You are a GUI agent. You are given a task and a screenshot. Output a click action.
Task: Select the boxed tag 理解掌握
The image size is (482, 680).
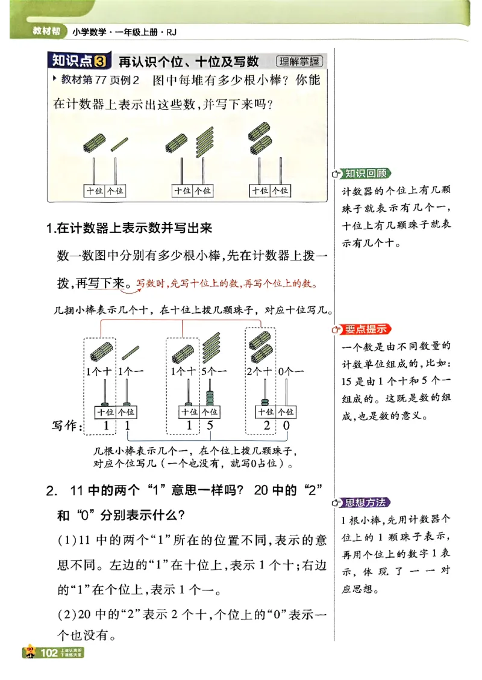click(x=299, y=61)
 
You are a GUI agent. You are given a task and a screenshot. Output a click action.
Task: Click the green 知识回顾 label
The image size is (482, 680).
click(x=366, y=174)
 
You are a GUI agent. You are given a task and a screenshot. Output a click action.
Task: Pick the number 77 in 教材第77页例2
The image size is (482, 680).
click(x=101, y=80)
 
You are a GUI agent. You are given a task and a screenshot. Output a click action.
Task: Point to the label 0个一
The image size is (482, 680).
click(x=291, y=372)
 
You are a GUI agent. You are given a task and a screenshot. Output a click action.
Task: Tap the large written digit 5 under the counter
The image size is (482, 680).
click(x=210, y=427)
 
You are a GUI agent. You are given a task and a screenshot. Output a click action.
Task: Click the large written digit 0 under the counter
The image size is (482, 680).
click(x=286, y=427)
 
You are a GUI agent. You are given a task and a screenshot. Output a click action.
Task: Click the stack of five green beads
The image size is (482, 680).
click(x=210, y=397)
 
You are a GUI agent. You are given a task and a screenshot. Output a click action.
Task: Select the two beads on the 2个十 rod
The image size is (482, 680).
click(x=264, y=401)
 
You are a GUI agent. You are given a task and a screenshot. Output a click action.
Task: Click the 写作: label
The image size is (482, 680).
click(x=66, y=426)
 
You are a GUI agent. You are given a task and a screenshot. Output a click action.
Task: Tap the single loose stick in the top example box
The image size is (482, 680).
click(x=119, y=142)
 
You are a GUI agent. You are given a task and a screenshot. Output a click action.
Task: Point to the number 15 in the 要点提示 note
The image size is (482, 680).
click(x=349, y=380)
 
